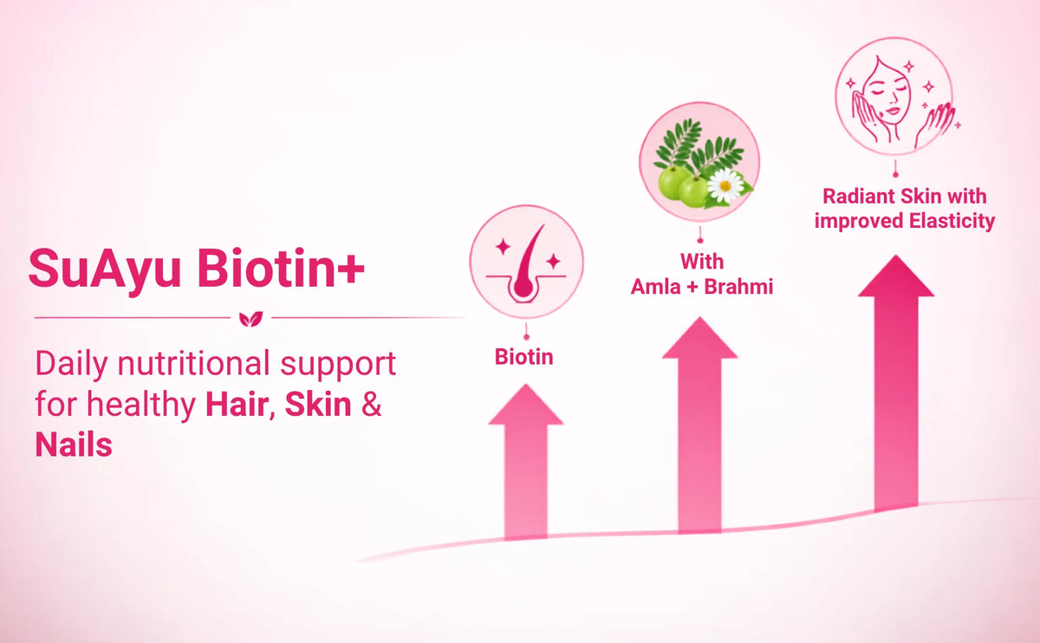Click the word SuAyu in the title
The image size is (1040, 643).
coord(105,270)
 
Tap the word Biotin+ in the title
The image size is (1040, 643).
coord(281,268)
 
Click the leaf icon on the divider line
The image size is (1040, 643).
coord(250,319)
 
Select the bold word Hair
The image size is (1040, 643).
coord(237,405)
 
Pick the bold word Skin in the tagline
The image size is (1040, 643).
coord(318,405)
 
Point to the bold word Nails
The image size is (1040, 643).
coord(74,445)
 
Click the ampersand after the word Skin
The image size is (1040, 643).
coord(372,405)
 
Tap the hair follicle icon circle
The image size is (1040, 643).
coord(526,263)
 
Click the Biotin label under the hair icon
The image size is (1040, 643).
coord(524,357)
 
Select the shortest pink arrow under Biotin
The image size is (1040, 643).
coord(525,462)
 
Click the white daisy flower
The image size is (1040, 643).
coord(725,185)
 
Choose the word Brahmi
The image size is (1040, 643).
coord(738,287)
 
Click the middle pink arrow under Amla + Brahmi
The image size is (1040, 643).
coord(699,425)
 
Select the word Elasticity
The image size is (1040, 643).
coord(952,221)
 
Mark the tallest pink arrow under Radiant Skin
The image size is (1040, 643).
coord(896,383)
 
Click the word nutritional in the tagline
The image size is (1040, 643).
coord(193,363)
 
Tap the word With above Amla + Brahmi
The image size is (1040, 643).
coord(702,262)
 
